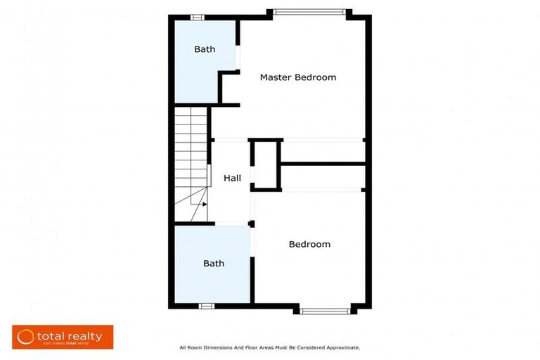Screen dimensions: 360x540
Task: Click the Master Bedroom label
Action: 298,77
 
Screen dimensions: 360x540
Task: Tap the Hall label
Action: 232,178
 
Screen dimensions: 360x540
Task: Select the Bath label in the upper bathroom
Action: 205,49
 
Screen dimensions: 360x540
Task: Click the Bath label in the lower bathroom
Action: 214,263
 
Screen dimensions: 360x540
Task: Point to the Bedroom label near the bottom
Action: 309,244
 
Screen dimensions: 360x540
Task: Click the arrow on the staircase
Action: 203,205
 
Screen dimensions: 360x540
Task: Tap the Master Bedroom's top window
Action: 309,11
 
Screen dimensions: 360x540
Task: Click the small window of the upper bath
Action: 198,17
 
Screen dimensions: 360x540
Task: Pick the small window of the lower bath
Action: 206,306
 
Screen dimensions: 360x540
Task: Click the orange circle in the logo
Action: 26,337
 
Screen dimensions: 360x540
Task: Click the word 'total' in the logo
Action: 51,336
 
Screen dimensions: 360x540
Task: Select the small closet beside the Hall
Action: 266,165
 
